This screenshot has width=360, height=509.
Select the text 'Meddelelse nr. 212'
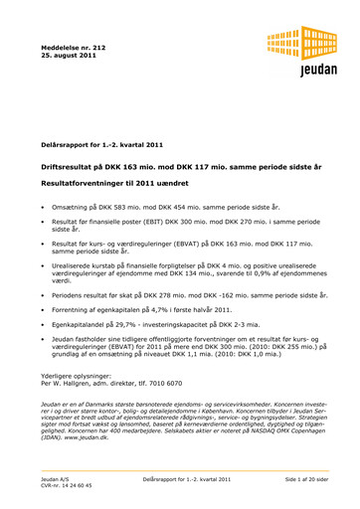pyautogui.click(x=73, y=47)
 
